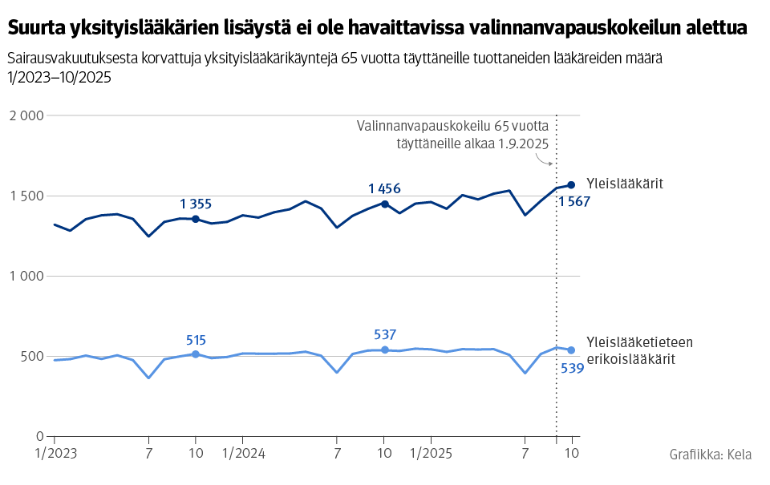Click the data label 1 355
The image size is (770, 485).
coord(196,204)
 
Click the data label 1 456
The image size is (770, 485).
coord(385,188)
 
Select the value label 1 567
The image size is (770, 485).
coord(574,202)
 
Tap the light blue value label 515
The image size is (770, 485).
coord(196,339)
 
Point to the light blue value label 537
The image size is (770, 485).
coord(385,334)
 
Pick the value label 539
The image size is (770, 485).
coord(571,369)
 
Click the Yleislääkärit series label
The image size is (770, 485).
coord(624,184)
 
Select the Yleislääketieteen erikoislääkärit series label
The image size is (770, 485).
coord(639,350)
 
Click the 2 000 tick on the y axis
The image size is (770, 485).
coord(26,115)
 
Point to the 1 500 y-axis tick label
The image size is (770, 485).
coord(26,196)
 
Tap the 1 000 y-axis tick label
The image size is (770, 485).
coord(26,276)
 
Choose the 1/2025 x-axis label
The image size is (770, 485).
coord(431,454)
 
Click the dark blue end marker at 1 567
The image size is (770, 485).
coord(572,185)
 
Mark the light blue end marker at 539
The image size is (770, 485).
coord(572,350)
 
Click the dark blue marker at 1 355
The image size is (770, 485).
coord(196,219)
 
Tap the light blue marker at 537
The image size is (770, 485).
coord(385,350)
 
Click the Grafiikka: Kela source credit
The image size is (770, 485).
coord(710,455)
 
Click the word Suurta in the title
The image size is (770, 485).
coord(36,28)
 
